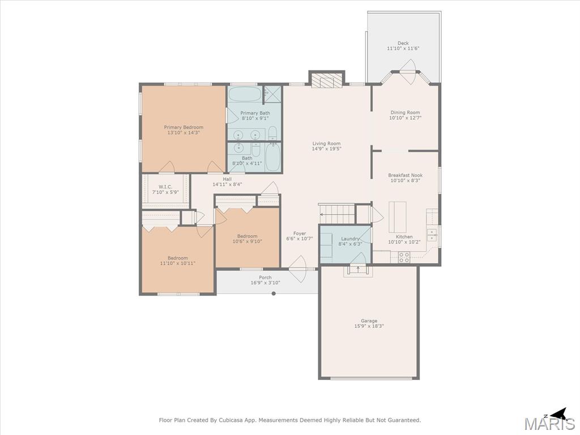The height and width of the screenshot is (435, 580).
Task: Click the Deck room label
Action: click(x=403, y=43)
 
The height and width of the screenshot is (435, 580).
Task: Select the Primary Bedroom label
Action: click(x=184, y=127)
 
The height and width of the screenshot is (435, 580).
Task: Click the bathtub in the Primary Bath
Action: click(x=245, y=95)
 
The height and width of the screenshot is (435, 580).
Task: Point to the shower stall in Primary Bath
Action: click(x=272, y=94)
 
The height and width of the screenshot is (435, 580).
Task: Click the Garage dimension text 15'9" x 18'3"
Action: click(x=369, y=326)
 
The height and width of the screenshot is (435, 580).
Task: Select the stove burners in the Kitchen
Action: click(x=404, y=258)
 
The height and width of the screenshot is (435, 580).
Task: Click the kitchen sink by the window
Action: click(x=432, y=235)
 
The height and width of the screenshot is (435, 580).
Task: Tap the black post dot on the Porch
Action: click(x=274, y=294)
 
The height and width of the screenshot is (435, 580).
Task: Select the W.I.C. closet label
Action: click(x=165, y=187)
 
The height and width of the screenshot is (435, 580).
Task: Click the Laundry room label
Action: click(x=350, y=239)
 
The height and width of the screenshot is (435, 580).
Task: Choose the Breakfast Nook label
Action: click(x=405, y=176)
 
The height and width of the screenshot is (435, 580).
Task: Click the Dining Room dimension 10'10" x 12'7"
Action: click(x=405, y=118)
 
